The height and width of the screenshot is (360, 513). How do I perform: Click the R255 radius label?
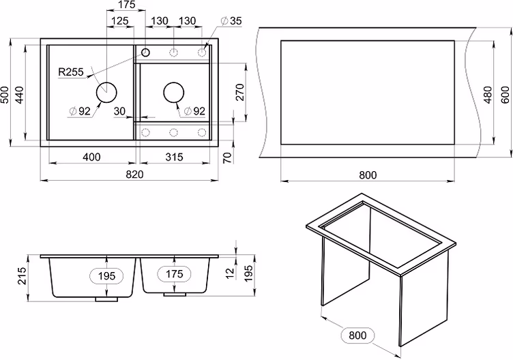pyautogui.click(x=71, y=72)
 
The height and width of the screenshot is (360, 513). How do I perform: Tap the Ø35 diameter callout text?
pyautogui.click(x=231, y=21)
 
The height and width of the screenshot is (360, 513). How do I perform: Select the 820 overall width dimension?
pyautogui.click(x=134, y=175)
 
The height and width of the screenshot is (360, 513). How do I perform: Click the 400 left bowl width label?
pyautogui.click(x=91, y=157)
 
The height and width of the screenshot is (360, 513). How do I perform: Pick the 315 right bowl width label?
pyautogui.click(x=174, y=157)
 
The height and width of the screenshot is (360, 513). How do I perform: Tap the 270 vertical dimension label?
pyautogui.click(x=240, y=92)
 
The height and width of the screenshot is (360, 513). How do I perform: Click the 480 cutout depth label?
pyautogui.click(x=488, y=95)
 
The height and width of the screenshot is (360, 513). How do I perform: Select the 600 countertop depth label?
pyautogui.click(x=505, y=95)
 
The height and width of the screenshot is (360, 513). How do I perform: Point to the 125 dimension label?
pyautogui.click(x=120, y=21)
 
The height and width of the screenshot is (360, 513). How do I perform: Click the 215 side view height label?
pyautogui.click(x=22, y=275)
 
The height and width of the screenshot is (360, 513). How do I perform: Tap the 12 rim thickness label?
pyautogui.click(x=231, y=273)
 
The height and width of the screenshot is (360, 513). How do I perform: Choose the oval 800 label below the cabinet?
pyautogui.click(x=357, y=335)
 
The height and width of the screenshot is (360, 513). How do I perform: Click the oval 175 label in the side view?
pyautogui.click(x=174, y=273)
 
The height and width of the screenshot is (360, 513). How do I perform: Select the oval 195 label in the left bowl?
pyautogui.click(x=106, y=276)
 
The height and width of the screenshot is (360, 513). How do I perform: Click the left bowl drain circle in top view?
pyautogui.click(x=106, y=92)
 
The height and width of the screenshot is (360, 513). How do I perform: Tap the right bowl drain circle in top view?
pyautogui.click(x=174, y=92)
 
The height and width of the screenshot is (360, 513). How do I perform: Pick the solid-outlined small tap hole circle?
pyautogui.click(x=145, y=52)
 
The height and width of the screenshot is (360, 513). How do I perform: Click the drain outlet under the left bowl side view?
pyautogui.click(x=106, y=299)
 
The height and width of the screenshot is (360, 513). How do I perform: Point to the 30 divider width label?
pyautogui.click(x=119, y=112)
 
